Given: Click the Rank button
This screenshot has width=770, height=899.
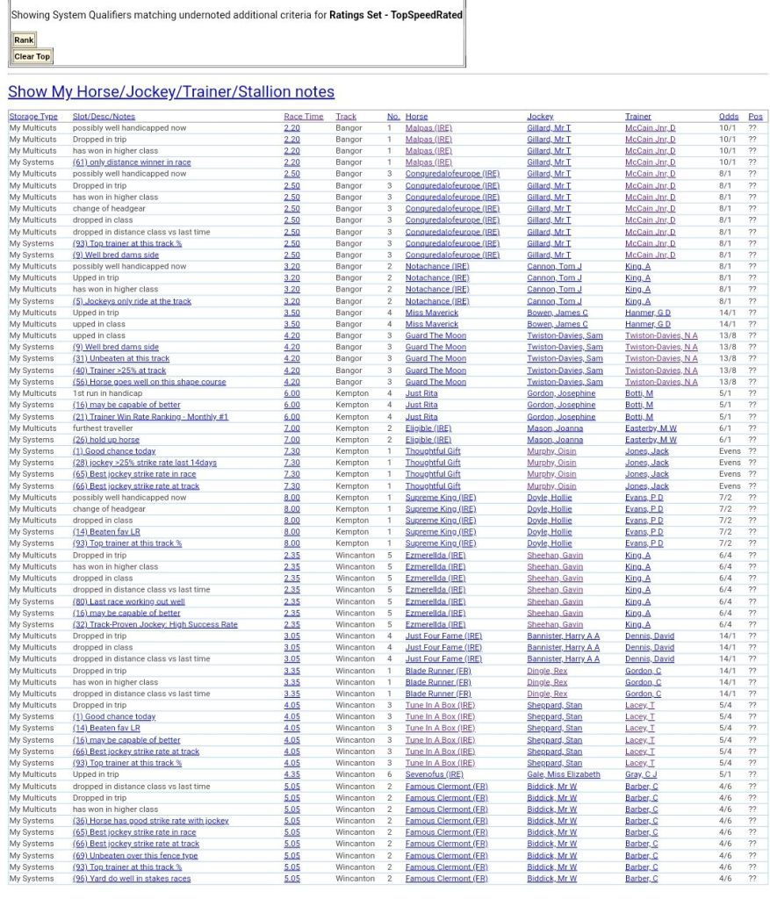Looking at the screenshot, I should click(x=24, y=40).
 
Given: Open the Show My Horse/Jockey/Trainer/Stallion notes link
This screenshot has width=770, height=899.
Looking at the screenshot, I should click(x=171, y=92).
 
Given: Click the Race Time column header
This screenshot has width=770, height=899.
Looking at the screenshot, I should click(x=303, y=117).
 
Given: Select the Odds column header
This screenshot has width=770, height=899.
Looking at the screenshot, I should click(x=728, y=117).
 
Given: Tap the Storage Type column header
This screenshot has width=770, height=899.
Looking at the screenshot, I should click(x=33, y=117).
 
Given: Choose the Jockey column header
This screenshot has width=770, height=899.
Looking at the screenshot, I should click(x=540, y=117).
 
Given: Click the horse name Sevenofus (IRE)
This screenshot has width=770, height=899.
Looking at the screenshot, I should click(x=434, y=775).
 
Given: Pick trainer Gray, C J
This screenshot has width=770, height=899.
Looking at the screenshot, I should click(x=640, y=775).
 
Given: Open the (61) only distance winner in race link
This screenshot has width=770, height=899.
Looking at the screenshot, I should click(x=132, y=162).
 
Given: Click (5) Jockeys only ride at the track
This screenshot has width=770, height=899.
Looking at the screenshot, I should click(x=132, y=301).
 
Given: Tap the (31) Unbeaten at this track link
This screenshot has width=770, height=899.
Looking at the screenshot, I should click(x=121, y=359).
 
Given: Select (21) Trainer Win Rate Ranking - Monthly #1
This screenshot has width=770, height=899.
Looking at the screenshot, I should click(x=150, y=417).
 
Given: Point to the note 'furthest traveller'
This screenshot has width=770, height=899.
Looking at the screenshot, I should click(x=102, y=428).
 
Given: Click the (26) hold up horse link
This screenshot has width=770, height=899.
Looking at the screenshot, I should click(x=105, y=440).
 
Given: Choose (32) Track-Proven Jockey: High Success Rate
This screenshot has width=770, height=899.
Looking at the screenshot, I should click(x=155, y=625).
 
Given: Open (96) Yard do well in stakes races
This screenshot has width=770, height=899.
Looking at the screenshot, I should click(x=132, y=879).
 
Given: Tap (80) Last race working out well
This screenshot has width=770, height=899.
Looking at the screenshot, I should click(x=128, y=602).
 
